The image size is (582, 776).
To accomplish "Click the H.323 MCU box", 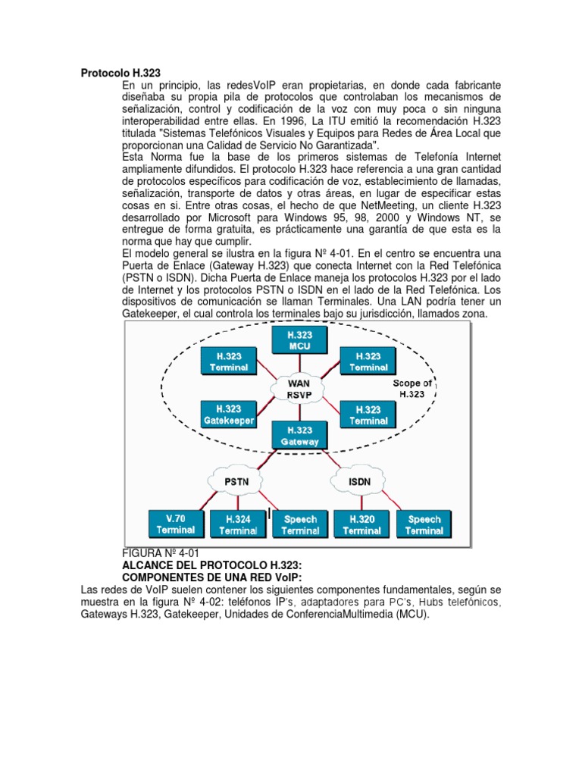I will click(299, 339).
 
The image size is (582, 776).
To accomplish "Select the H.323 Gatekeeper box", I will click(228, 414).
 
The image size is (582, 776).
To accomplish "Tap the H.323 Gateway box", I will click(299, 435).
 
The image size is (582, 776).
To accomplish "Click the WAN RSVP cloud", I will click(299, 388).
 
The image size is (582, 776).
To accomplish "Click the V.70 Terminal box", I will click(175, 524).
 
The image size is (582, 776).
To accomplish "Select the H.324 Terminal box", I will click(238, 524).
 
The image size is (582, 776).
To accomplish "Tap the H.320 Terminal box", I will click(361, 524).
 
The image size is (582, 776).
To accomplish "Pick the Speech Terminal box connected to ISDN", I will click(424, 524).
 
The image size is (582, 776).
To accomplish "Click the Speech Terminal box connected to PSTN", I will click(300, 524).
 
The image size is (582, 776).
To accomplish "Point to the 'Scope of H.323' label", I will click(413, 388).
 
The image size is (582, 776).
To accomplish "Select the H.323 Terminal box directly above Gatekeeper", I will click(228, 361).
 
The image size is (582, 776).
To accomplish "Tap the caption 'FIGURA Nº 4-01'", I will click(161, 554).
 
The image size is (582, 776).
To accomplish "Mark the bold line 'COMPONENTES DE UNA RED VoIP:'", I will click(211, 577).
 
